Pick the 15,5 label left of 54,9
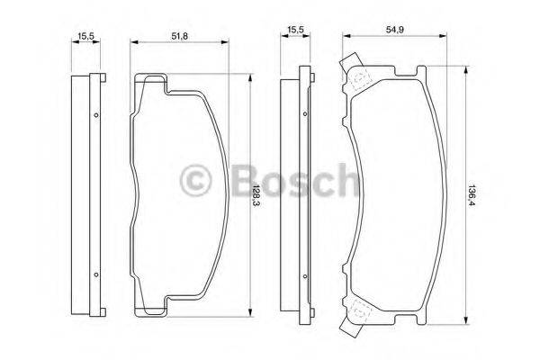[294, 30]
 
